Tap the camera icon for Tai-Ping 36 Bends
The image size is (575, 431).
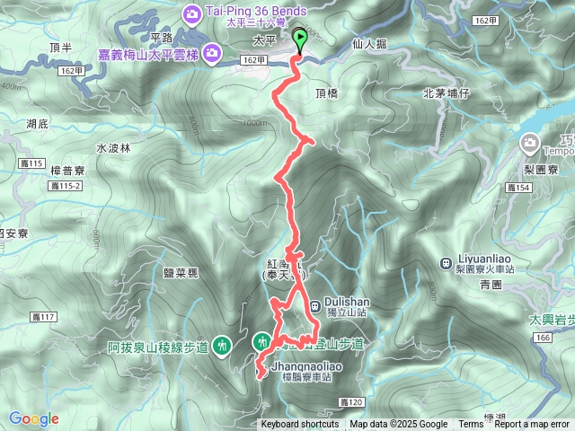click(193, 13)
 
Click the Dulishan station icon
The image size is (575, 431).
click(314, 306)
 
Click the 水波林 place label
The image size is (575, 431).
click(113, 147)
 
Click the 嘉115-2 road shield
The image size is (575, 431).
click(66, 185)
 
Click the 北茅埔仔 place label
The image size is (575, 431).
click(447, 92)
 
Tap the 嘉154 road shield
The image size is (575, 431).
click(518, 187)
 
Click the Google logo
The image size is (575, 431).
click(33, 418)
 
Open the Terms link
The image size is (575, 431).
click(471, 425)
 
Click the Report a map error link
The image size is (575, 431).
click(532, 425)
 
